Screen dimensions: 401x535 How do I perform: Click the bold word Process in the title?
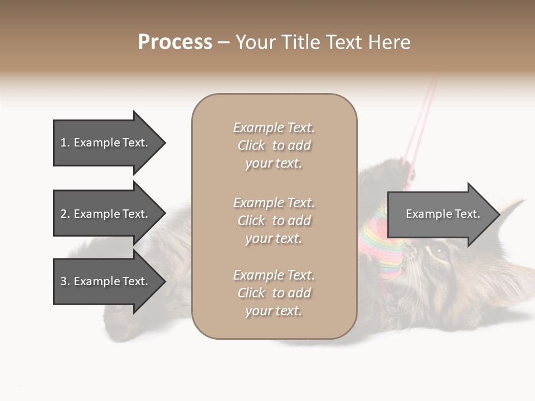[175, 42]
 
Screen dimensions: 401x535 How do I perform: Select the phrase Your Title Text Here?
[323, 42]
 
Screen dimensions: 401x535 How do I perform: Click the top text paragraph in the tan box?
[274, 145]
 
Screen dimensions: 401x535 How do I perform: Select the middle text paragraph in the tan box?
[274, 221]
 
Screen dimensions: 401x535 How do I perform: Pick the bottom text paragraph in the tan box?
[274, 293]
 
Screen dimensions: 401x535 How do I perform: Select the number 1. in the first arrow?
[65, 143]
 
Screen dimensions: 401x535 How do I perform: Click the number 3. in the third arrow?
[65, 281]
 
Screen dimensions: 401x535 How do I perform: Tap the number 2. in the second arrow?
[65, 214]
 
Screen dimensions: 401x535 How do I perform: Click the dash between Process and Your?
[223, 43]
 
